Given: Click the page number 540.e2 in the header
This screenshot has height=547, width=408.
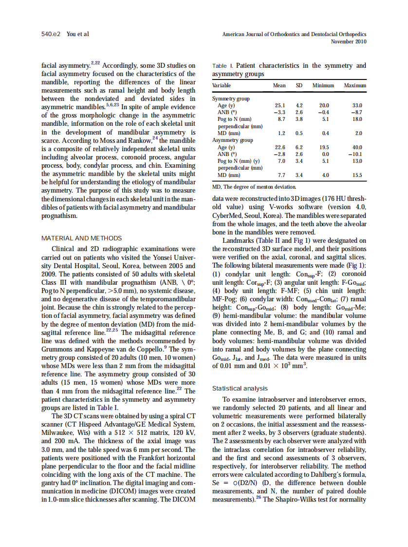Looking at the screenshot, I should coord(50,35).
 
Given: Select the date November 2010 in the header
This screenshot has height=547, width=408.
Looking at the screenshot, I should coord(348,41).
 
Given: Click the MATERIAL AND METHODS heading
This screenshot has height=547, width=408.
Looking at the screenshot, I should coord(81,238).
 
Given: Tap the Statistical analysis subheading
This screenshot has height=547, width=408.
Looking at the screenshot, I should coord(240,388).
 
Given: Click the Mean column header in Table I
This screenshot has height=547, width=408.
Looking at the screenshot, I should coord(279,85).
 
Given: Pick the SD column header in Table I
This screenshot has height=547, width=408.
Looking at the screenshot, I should coord(299,85).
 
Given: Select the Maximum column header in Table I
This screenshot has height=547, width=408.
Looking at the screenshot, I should coord(355,85).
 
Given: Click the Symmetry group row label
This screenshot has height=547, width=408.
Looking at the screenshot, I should coord(231,98).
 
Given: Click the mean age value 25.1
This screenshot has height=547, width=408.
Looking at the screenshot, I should coord(279,105).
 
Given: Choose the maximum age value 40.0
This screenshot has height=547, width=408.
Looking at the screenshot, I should coord(357,147).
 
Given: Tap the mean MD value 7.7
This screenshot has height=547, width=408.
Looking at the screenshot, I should coord(281,175).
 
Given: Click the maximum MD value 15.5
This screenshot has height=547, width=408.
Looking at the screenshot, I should coord(357,175).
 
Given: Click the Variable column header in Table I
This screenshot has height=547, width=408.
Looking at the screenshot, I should coord(222,85).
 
